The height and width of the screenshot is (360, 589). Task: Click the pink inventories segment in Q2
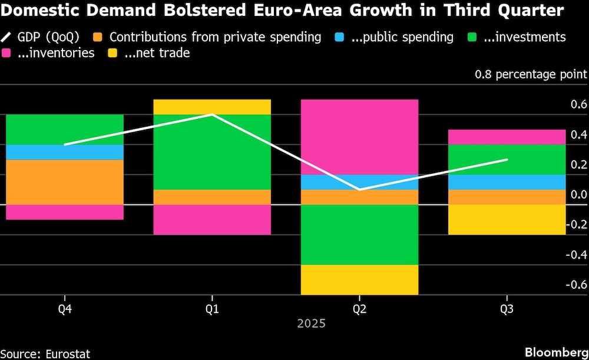pos(359,137)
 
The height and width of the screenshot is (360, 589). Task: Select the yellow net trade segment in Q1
pos(212,107)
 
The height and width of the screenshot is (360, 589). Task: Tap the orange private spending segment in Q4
pos(65,182)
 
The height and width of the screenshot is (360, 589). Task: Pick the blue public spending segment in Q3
pos(507,182)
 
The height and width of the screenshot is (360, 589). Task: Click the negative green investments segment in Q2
pos(359,235)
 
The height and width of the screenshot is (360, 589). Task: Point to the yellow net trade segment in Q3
pos(507,219)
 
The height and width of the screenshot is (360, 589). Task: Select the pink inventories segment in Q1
pos(212,219)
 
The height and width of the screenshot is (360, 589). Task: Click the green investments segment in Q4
pos(65,129)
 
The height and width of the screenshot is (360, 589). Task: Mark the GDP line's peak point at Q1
pos(212,114)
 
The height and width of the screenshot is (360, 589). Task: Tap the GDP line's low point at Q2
pos(359,189)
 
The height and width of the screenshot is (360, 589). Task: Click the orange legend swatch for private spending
pos(100,37)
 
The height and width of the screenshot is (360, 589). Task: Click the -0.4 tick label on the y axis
pos(575,255)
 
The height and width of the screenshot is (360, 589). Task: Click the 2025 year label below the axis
pos(311,323)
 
